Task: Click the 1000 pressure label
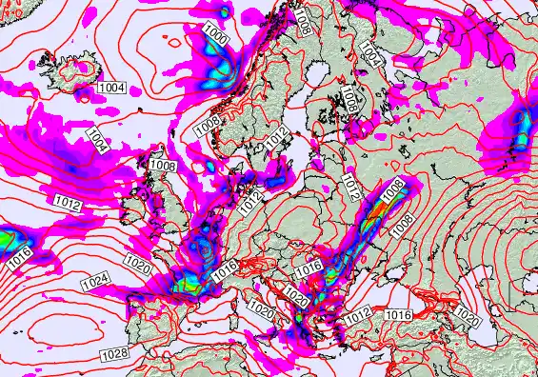(x=216, y=37)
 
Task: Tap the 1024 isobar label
(x=94, y=283)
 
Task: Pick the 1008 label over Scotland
(x=163, y=166)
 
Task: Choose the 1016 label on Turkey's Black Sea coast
(x=398, y=314)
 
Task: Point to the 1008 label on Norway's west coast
(x=209, y=125)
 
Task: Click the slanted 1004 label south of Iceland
(x=96, y=139)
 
